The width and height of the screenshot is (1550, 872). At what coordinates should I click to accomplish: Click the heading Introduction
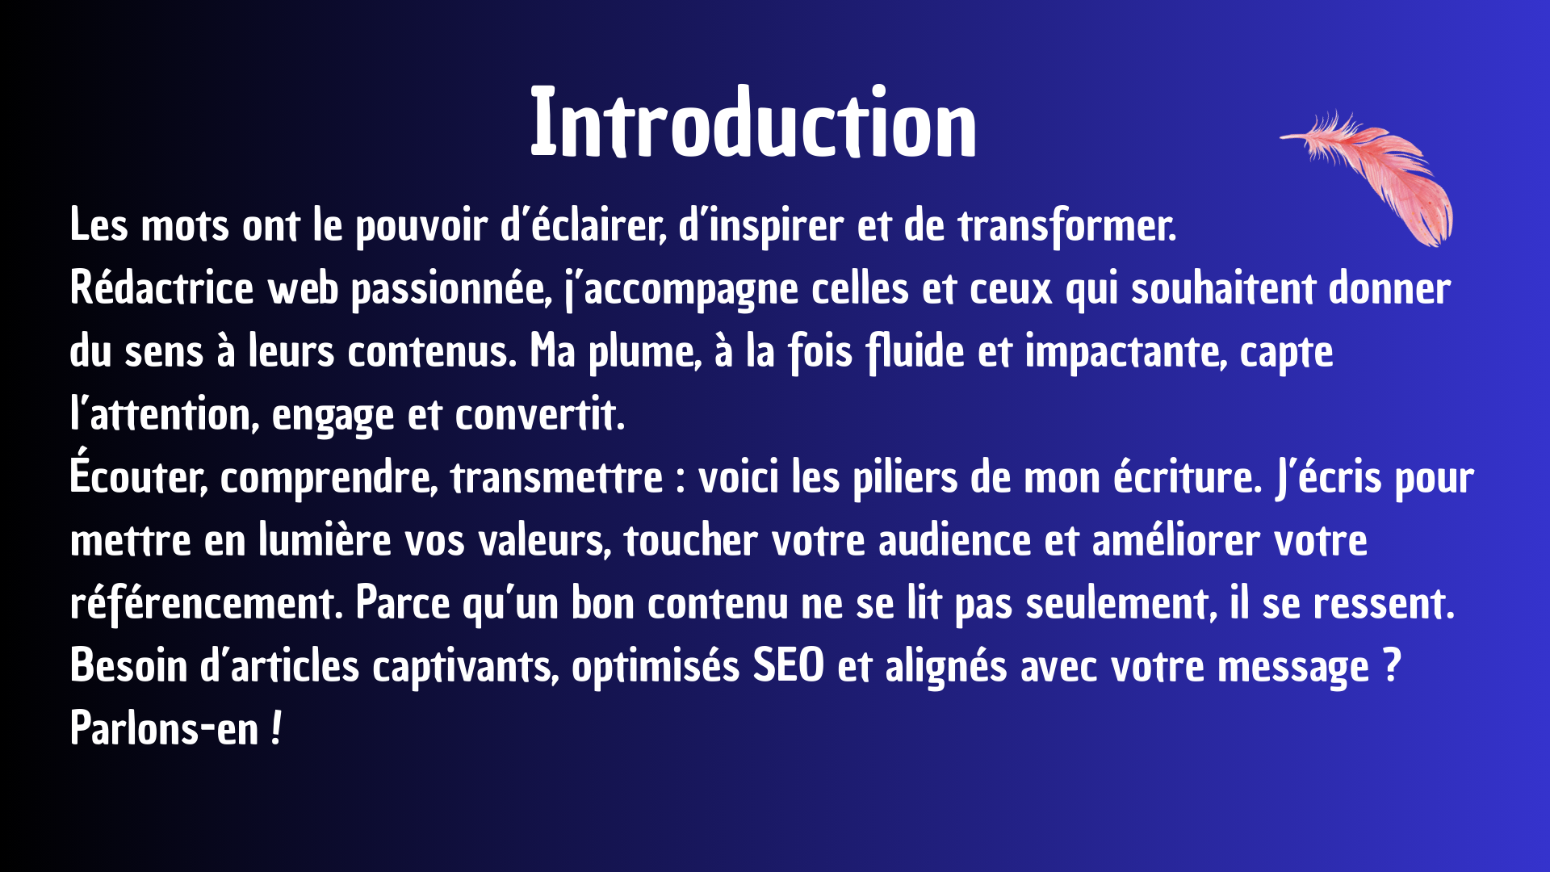pos(753,123)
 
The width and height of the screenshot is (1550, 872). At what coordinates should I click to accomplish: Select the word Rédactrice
pos(161,288)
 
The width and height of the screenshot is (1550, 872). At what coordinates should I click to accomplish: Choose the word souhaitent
pos(1222,288)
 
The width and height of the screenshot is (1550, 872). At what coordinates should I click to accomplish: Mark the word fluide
pos(915,352)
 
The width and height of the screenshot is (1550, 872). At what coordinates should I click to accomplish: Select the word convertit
pos(540,415)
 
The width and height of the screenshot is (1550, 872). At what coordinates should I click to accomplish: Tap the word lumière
pos(325,540)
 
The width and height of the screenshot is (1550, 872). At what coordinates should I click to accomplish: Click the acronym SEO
pos(789,667)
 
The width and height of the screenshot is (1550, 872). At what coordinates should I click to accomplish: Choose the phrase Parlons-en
pos(164,729)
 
